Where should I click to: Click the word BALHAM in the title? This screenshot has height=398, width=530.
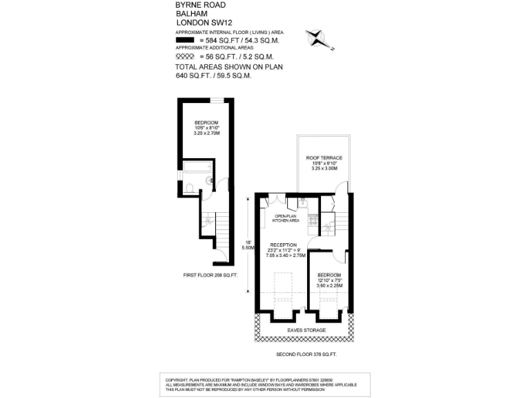pyautogui.click(x=188, y=13)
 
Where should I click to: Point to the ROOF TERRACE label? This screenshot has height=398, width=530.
pyautogui.click(x=324, y=158)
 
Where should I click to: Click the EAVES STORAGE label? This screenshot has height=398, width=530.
pyautogui.click(x=306, y=330)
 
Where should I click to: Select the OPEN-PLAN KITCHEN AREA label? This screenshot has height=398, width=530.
pyautogui.click(x=286, y=218)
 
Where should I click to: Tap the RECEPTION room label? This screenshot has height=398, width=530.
pyautogui.click(x=283, y=245)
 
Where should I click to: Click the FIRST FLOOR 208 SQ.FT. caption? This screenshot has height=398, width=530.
pyautogui.click(x=210, y=275)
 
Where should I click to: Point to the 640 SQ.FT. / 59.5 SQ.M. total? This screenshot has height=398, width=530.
pyautogui.click(x=214, y=75)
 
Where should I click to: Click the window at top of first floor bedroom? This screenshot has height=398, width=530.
pyautogui.click(x=217, y=101)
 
